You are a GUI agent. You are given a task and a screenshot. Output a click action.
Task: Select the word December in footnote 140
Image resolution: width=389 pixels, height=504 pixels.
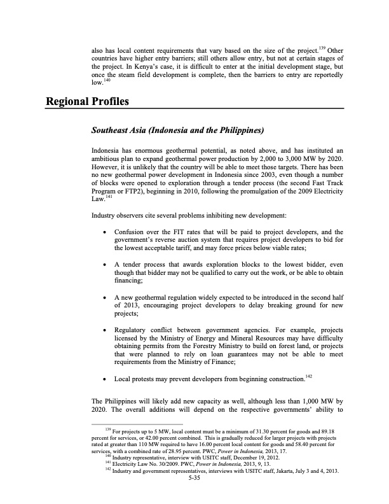coord(233,458)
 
